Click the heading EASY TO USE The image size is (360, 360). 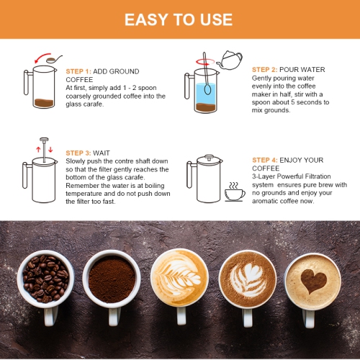pos(179,19)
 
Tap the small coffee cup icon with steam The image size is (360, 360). pos(234,192)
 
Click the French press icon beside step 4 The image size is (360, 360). pos(205,176)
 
